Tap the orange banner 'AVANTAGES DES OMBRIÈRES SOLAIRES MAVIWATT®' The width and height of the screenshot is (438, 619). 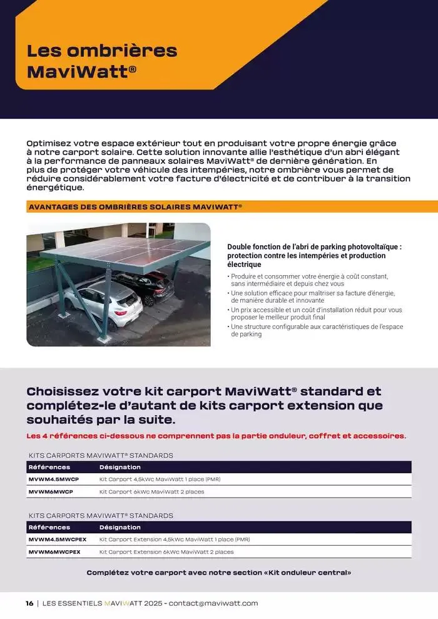[x=135, y=206]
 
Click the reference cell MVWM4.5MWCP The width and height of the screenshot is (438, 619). [x=54, y=480]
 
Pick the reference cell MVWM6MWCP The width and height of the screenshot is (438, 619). [x=51, y=492]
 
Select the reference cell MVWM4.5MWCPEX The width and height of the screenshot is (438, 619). [x=58, y=540]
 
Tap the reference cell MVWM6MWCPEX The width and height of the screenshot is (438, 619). [x=54, y=552]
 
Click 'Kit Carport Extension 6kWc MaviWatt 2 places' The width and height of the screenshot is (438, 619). [x=166, y=552]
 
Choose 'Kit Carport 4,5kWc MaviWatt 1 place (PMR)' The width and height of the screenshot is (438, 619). [x=160, y=480]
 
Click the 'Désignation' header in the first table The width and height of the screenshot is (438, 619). [x=120, y=467]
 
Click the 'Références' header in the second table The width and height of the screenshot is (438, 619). [x=49, y=527]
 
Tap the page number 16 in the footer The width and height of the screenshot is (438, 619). [x=29, y=603]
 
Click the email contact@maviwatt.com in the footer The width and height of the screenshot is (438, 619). [x=213, y=603]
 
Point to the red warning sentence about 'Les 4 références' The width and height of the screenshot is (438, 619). [x=216, y=436]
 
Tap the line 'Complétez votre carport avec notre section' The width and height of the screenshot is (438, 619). [x=219, y=573]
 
